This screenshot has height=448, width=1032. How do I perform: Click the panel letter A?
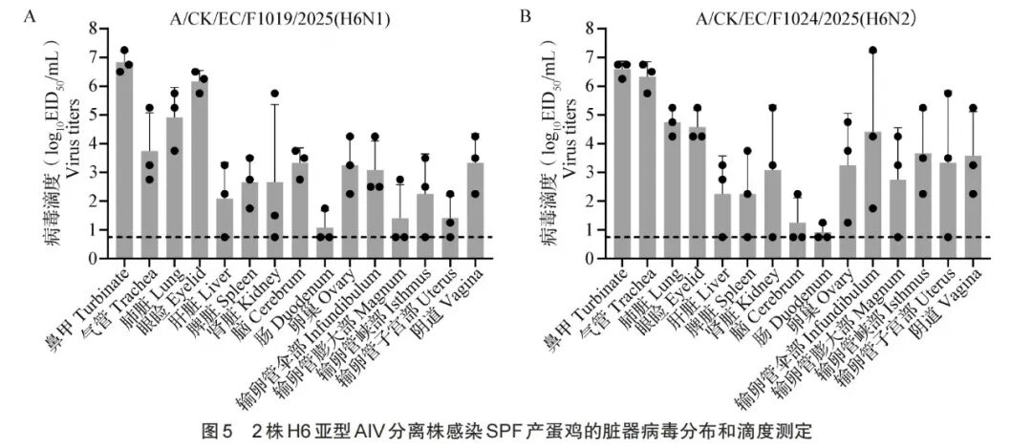click(31, 16)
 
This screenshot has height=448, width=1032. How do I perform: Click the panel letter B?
click(525, 16)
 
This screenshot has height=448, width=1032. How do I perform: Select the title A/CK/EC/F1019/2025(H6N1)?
click(267, 17)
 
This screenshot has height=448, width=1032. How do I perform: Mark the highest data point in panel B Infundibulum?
click(872, 50)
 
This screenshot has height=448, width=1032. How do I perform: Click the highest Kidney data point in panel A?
click(274, 94)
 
